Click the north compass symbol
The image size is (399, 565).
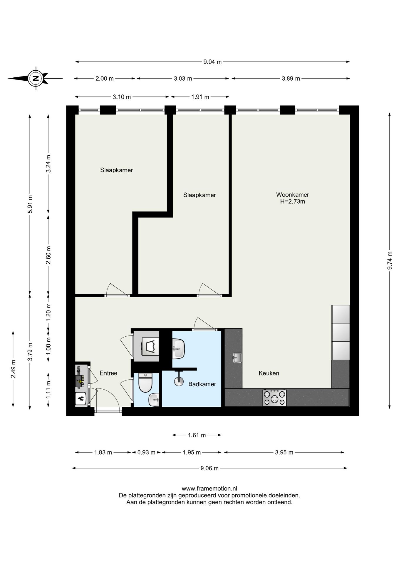pyautogui.click(x=36, y=78)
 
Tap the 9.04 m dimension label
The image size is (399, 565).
pyautogui.click(x=212, y=62)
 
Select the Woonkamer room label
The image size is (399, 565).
pyautogui.click(x=292, y=195)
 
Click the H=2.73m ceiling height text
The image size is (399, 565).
pyautogui.click(x=292, y=202)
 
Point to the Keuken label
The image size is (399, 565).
pyautogui.click(x=269, y=373)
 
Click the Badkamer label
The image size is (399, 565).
pyautogui.click(x=202, y=384)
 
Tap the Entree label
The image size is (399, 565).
pyautogui.click(x=108, y=373)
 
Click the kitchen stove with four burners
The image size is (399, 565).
pyautogui.click(x=274, y=398)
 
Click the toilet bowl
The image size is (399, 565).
pyautogui.click(x=145, y=383)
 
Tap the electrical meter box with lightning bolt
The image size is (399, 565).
pyautogui.click(x=80, y=381)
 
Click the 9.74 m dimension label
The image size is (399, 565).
pyautogui.click(x=390, y=260)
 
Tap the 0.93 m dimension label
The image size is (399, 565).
pyautogui.click(x=146, y=452)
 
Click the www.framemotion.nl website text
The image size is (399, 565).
pyautogui.click(x=209, y=489)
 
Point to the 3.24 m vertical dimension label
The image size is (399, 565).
pyautogui.click(x=49, y=164)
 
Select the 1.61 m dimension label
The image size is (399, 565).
pyautogui.click(x=197, y=435)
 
